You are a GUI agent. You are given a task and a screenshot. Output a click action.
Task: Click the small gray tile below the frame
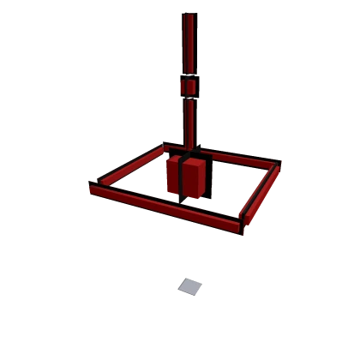tap(191, 286)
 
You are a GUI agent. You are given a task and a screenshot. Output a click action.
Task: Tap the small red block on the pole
tap(188, 87)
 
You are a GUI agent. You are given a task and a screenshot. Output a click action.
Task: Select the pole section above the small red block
tap(188, 43)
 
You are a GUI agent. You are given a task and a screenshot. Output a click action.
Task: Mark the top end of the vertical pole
tap(188, 15)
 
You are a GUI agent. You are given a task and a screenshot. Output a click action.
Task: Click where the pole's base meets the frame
tap(189, 147)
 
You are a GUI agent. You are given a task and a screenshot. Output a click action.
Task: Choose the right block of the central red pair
tap(191, 178)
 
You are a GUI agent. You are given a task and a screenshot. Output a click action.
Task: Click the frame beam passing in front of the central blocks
tap(163, 206)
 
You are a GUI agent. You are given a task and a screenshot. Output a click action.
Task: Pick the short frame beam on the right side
tap(261, 195)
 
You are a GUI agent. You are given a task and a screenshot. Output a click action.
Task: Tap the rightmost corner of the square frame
tap(279, 161)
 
